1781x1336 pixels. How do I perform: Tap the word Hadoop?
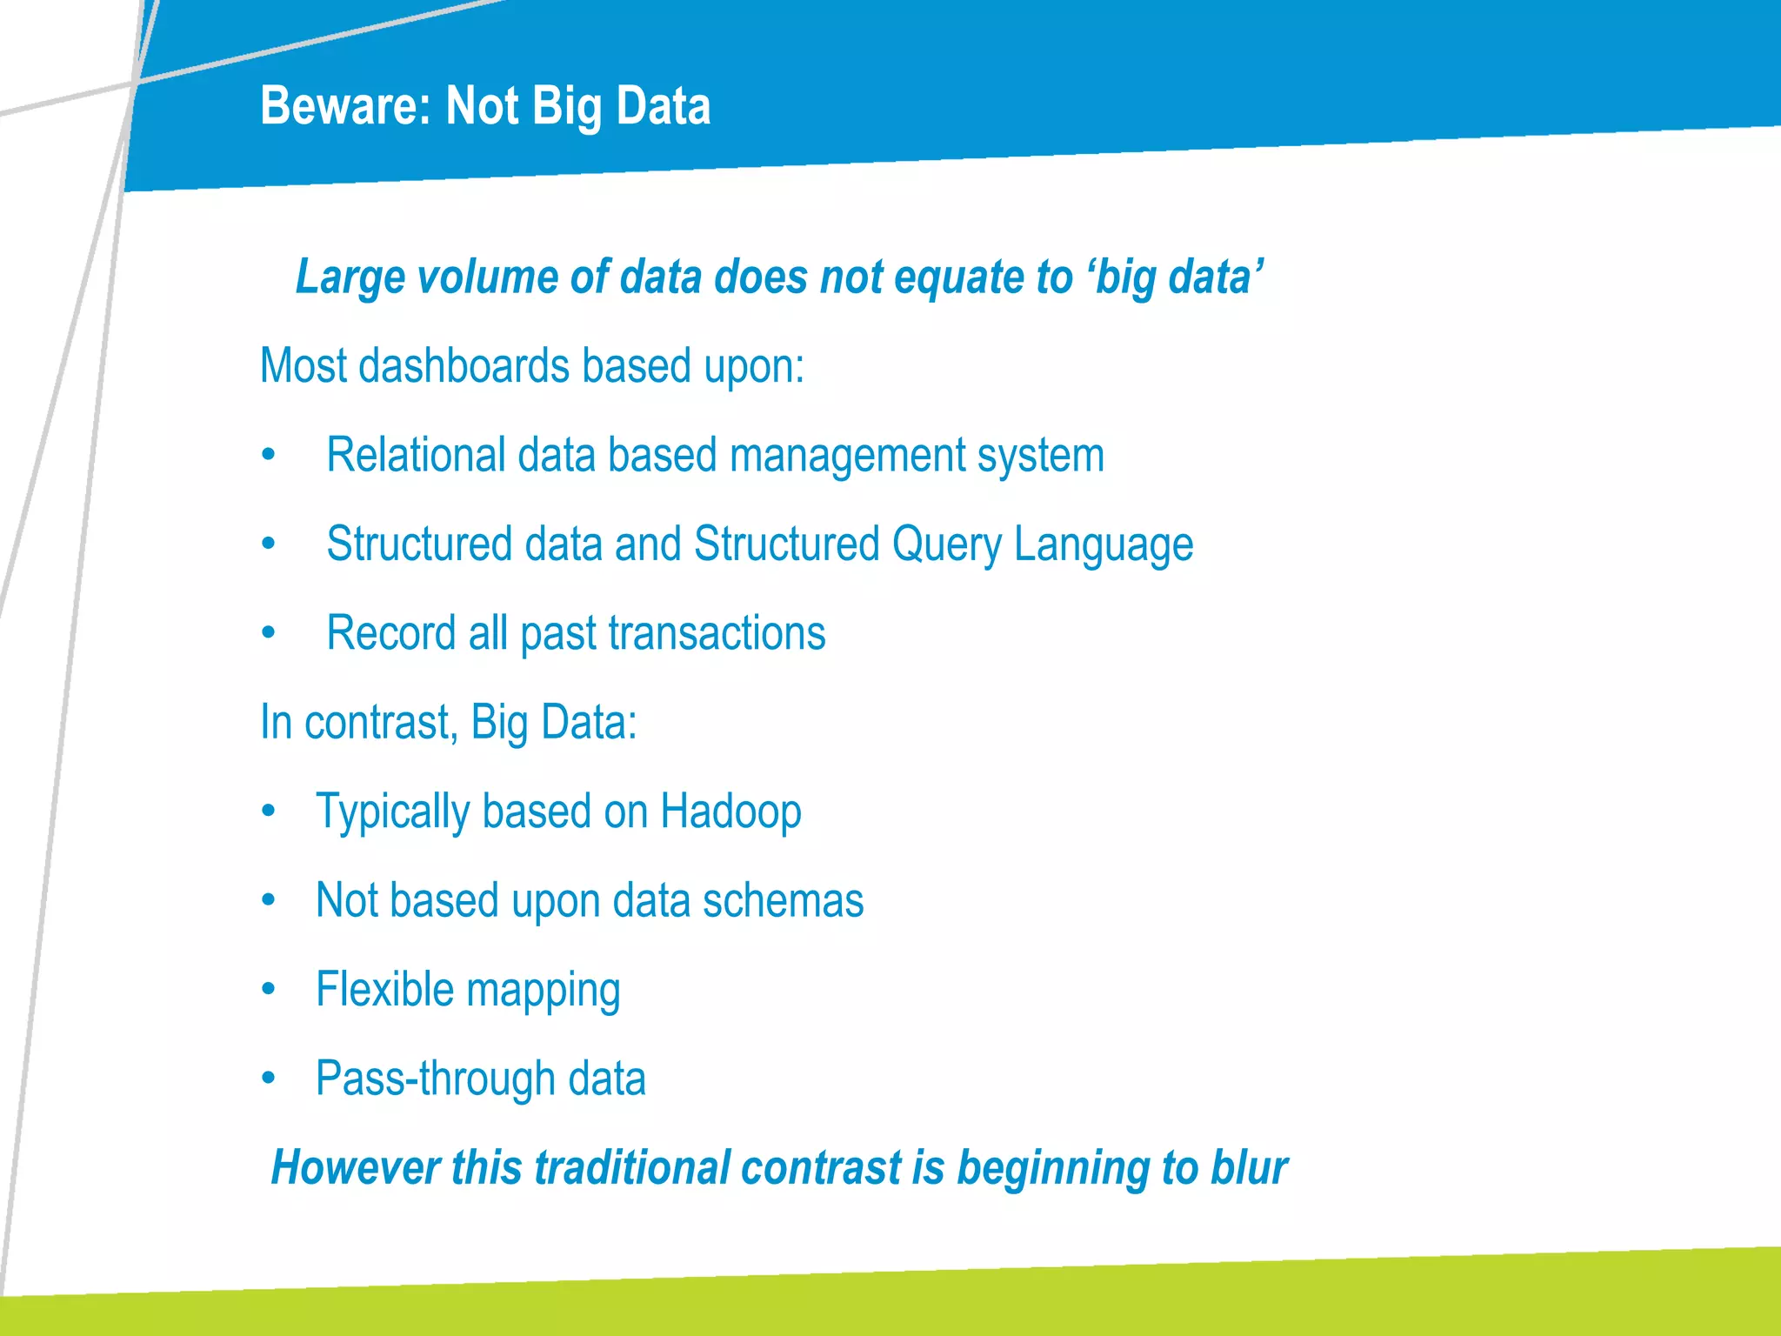(730, 812)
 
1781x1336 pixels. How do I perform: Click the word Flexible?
(384, 990)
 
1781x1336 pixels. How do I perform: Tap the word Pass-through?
(435, 1079)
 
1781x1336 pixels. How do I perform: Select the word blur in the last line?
(1249, 1167)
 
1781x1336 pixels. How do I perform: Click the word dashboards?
(464, 365)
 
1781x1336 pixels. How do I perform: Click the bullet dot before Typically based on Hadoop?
(269, 811)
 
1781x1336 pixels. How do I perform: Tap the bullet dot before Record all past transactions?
(269, 632)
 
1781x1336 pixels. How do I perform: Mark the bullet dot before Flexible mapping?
(269, 989)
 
